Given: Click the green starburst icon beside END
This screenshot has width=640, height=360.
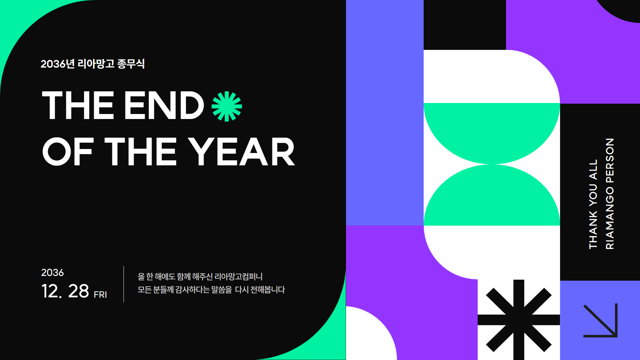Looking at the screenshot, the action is click(227, 106).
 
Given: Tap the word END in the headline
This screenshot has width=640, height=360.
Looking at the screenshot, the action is click(164, 105).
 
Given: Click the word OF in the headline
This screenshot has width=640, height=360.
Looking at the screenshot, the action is click(67, 152).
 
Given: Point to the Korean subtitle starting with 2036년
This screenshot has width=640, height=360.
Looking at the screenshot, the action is click(93, 64).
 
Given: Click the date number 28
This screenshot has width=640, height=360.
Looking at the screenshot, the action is click(79, 291).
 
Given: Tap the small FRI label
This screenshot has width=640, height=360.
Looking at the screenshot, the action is click(100, 295).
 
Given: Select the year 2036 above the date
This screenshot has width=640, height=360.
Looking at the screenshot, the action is click(52, 272).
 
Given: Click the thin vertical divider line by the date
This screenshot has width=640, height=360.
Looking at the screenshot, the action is click(124, 284).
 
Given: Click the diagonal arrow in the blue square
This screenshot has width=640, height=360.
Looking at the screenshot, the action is click(600, 320).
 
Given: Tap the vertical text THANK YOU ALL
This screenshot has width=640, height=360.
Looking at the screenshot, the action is click(593, 204).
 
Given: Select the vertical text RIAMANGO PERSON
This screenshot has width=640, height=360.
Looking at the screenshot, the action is click(610, 194).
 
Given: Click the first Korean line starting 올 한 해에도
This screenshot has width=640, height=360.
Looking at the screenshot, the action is click(200, 277).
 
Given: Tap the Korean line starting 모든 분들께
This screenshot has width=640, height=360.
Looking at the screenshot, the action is click(211, 290).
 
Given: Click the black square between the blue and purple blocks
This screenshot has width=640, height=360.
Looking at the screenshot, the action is click(465, 25).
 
